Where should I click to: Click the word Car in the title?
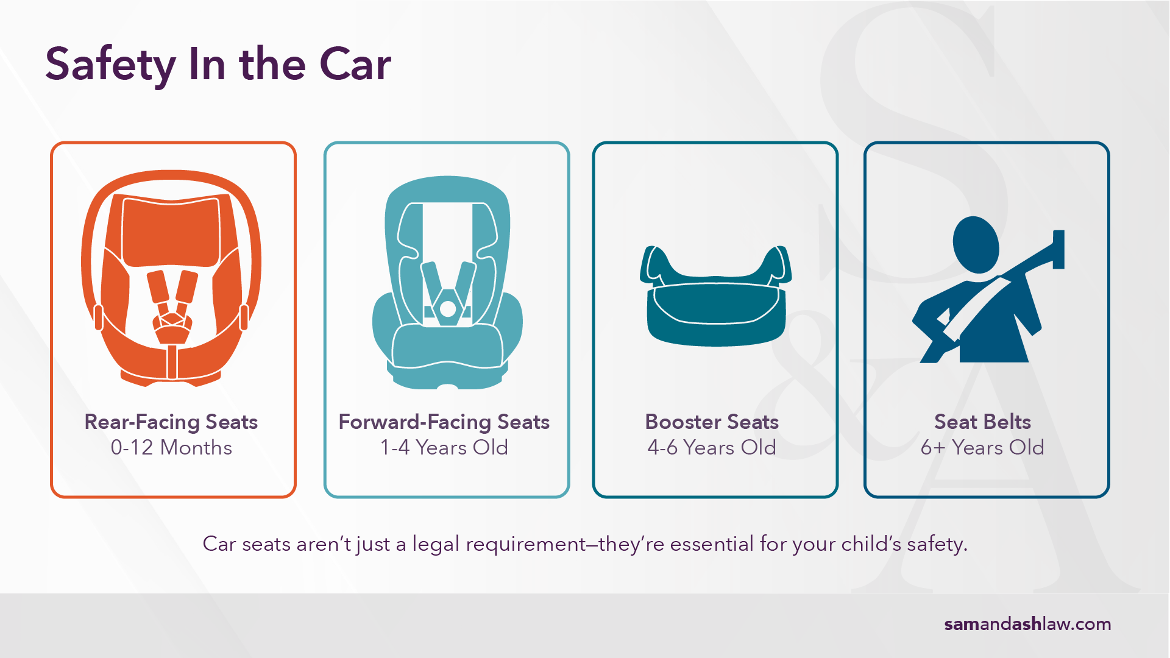coord(355,65)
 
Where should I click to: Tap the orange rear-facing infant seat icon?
coord(171,278)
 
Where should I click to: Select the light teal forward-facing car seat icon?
coord(447,283)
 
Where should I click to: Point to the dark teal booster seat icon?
coord(715,295)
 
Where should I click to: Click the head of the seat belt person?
coord(976,245)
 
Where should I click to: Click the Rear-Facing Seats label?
coord(171,422)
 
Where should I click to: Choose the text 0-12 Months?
coord(171,448)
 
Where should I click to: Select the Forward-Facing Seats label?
coord(444,422)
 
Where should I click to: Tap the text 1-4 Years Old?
coord(444,448)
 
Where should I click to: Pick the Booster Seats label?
coord(712,422)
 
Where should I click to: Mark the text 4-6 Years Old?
coord(712,448)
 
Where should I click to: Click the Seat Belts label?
coord(982,422)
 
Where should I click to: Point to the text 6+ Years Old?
coord(982,448)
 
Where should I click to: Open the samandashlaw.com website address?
coord(1027,624)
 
